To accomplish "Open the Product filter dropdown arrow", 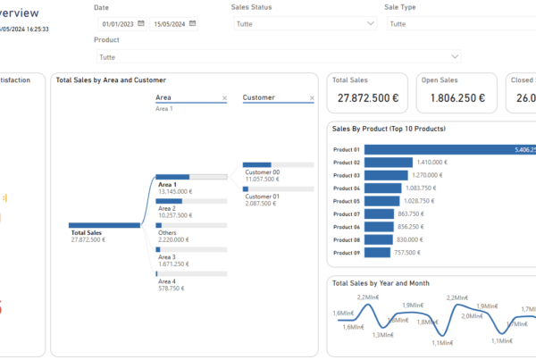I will click(x=456, y=56).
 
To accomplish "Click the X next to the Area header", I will click(x=224, y=97).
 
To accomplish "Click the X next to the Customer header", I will click(x=312, y=97).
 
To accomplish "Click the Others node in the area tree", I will click(x=167, y=232).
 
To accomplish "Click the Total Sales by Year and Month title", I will click(x=381, y=283).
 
